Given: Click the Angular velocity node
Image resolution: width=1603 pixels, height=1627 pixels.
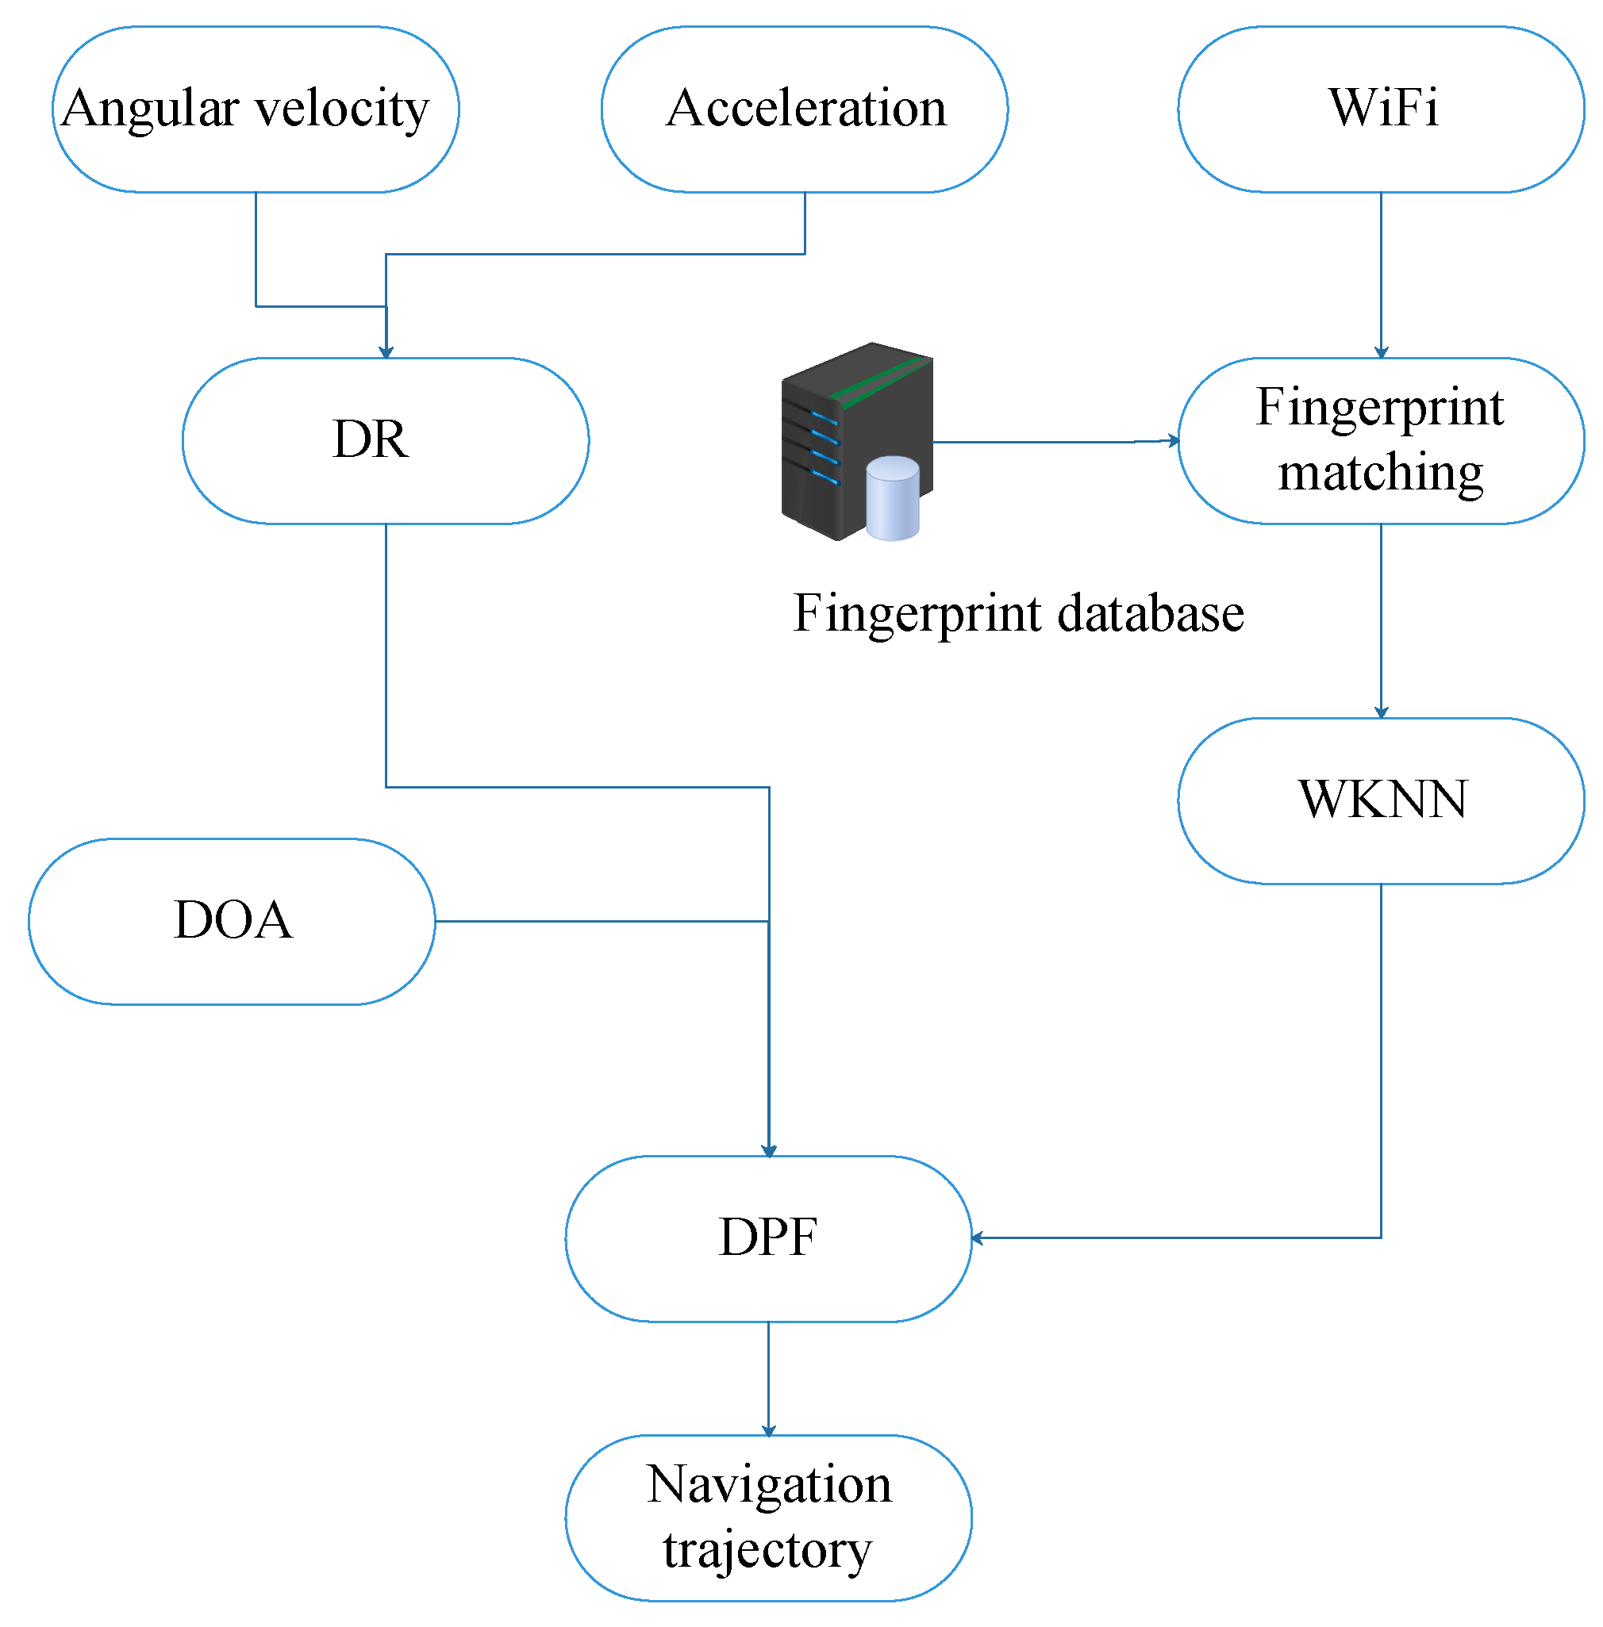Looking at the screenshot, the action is pyautogui.click(x=256, y=109).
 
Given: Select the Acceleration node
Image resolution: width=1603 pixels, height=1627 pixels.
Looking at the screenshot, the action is pyautogui.click(x=805, y=109).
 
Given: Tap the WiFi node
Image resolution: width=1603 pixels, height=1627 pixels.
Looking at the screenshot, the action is pyautogui.click(x=1382, y=109).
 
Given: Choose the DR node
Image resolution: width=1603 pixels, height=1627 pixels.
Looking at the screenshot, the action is pyautogui.click(x=386, y=441).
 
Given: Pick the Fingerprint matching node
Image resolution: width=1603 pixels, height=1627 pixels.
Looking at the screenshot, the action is pyautogui.click(x=1382, y=441).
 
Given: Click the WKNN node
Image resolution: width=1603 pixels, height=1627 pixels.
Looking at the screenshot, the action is pyautogui.click(x=1382, y=801).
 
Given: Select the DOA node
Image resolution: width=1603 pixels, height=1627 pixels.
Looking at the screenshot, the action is pyautogui.click(x=233, y=922).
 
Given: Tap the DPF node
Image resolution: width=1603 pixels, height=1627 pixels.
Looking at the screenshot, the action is pyautogui.click(x=769, y=1239).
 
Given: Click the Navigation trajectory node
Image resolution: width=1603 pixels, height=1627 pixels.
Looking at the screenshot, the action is pyautogui.click(x=769, y=1518).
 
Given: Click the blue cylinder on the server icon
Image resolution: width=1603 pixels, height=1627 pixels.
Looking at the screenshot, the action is pyautogui.click(x=893, y=498).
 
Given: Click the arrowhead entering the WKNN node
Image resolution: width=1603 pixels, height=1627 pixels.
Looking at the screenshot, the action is pyautogui.click(x=1382, y=712).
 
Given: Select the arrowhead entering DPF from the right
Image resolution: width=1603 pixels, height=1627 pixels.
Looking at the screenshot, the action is pyautogui.click(x=978, y=1238).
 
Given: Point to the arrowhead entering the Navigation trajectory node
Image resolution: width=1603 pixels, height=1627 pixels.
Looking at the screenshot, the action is pyautogui.click(x=769, y=1429).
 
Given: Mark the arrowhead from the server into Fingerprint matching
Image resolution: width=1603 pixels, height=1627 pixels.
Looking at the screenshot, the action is pyautogui.click(x=1173, y=440).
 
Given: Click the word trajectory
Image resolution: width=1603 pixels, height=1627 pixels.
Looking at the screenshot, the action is pyautogui.click(x=768, y=1550).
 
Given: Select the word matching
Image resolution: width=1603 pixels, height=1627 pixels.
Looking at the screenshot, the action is pyautogui.click(x=1381, y=473).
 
